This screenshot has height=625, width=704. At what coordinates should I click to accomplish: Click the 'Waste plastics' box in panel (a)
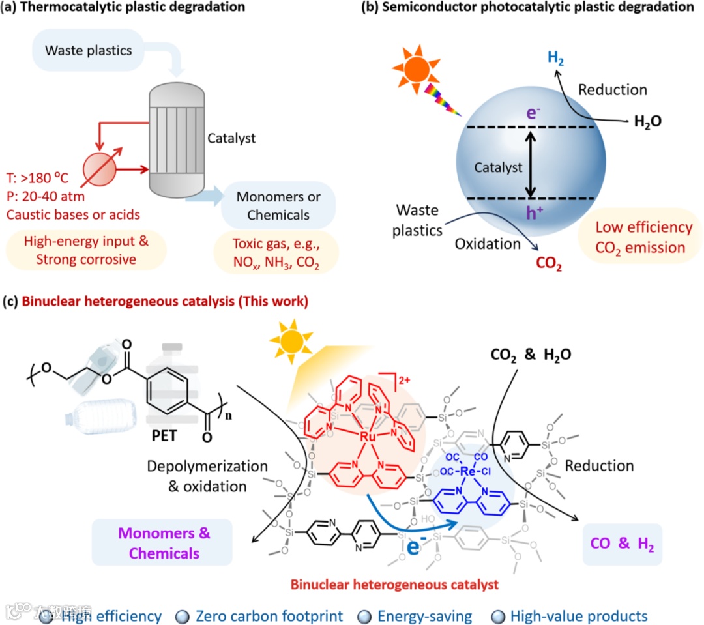coord(89,50)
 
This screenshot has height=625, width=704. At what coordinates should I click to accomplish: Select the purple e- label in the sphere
coord(532,114)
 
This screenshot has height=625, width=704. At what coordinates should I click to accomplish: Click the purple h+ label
coord(532,211)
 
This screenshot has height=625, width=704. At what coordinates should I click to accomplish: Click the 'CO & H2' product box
coord(621,544)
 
